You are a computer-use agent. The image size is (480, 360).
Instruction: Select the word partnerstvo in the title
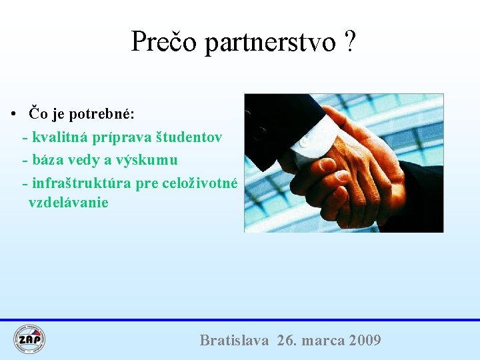[270, 43]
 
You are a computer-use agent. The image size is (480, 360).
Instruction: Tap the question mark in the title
[351, 42]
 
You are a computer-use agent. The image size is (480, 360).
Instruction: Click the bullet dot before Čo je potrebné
[13, 114]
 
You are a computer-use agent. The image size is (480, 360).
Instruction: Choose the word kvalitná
[62, 137]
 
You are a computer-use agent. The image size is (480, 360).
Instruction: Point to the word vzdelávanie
[68, 203]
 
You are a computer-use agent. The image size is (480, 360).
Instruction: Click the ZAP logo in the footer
[29, 339]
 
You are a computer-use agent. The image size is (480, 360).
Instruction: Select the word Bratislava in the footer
[234, 341]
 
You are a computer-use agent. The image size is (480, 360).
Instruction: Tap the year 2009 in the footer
[365, 341]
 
